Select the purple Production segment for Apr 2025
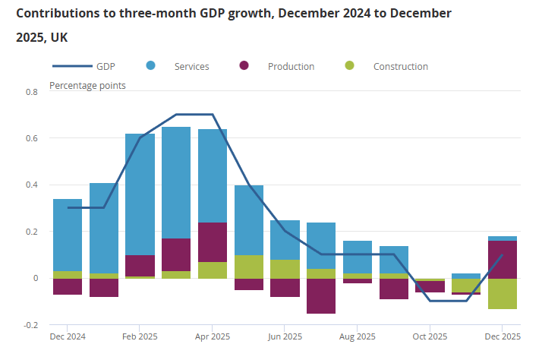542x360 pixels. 213,242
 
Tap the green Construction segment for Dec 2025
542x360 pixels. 502,293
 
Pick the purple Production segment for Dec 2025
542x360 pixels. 502,259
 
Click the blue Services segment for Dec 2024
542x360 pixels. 68,235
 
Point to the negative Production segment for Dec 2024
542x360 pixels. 68,286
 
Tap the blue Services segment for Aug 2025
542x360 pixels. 358,257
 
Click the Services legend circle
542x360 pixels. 150,66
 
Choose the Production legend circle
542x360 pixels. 244,66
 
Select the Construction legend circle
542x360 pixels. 348,66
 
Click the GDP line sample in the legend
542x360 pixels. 69,66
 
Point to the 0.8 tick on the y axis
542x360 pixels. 31,92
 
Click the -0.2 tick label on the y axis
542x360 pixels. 30,325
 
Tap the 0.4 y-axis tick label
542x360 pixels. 31,185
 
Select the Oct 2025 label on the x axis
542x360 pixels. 430,336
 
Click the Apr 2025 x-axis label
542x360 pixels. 213,336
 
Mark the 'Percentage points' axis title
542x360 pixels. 87,85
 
